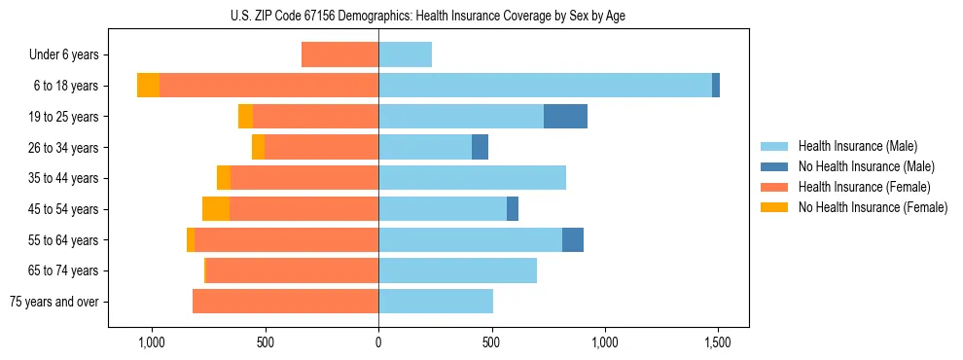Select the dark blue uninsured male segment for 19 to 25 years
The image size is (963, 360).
[565, 117]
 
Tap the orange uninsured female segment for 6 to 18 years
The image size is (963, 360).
[148, 86]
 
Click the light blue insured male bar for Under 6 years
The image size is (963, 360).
[405, 55]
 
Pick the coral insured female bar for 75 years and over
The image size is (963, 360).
[285, 302]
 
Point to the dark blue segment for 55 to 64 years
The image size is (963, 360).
[573, 240]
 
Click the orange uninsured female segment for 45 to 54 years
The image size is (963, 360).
[216, 209]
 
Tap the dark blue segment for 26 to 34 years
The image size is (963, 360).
[480, 148]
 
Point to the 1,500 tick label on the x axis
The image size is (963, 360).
[718, 343]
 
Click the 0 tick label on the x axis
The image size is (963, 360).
[378, 343]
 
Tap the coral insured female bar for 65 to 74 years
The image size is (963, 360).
[292, 270]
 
